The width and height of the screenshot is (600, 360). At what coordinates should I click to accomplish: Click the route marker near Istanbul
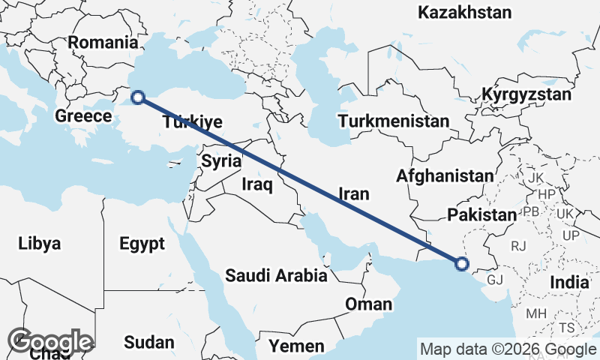[x=138, y=96]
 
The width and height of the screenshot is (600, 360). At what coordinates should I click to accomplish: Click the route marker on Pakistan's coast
[x=461, y=263]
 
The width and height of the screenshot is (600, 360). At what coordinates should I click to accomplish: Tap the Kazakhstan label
[x=465, y=13]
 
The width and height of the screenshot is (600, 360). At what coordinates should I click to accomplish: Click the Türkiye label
[x=192, y=122]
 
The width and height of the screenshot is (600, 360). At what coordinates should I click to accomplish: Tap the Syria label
[x=221, y=160]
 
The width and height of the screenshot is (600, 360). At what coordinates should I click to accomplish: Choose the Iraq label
[x=256, y=183]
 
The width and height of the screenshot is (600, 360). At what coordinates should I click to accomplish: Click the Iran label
[x=354, y=193]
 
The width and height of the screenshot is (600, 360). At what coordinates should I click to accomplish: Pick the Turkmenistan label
[x=393, y=121]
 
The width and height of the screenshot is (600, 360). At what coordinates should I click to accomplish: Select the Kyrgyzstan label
[x=526, y=95]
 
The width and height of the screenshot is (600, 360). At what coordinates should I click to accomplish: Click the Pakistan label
[x=481, y=215]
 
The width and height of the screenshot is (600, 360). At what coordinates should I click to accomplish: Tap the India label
[x=569, y=283]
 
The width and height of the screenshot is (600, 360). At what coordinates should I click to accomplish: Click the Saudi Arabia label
[x=276, y=275]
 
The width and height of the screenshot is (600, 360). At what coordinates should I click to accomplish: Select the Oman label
[x=368, y=304]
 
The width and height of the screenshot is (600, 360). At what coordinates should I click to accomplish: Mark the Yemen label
[x=298, y=346]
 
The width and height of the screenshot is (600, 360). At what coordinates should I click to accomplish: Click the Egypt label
[x=142, y=244]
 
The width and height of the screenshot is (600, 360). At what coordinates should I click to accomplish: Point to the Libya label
[x=40, y=244]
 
